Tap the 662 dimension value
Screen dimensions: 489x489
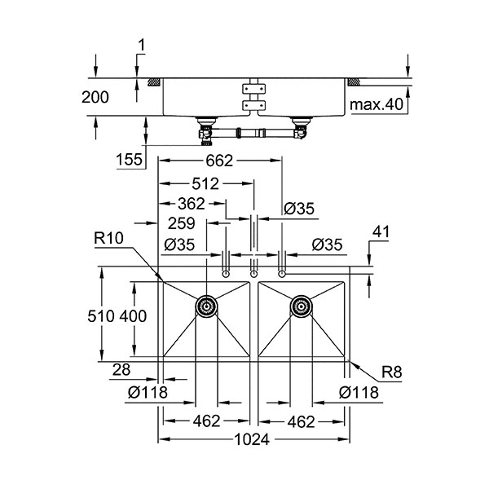[x=220, y=161]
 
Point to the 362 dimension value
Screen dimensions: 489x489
[x=190, y=204]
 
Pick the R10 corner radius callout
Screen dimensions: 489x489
[x=108, y=239]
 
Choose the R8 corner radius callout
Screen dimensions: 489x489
[x=393, y=373]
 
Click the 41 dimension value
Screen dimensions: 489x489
[x=380, y=232]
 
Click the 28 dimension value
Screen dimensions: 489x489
[x=121, y=371]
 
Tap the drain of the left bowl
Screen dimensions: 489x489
[x=206, y=307]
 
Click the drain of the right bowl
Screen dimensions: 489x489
[x=301, y=307]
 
